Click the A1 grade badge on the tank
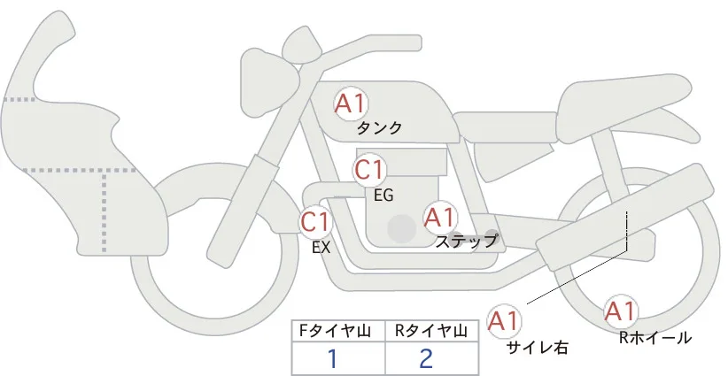coord(351,104)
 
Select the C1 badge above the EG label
coord(369,170)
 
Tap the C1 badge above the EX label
coord(315,221)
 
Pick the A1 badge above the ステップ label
coord(439,218)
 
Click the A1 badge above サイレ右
coord(504,321)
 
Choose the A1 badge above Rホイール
coord(620,311)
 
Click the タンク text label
coord(379,128)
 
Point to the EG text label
coord(383,196)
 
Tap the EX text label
coord(321,248)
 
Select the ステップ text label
coord(466,242)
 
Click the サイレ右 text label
coord(538,348)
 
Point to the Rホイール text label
coord(655,338)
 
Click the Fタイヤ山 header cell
coord(338,331)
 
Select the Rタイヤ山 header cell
coord(432,331)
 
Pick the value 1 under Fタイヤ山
coord(332,358)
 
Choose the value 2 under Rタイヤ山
coord(426,358)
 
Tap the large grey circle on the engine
coord(401,228)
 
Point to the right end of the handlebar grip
coord(421,42)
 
